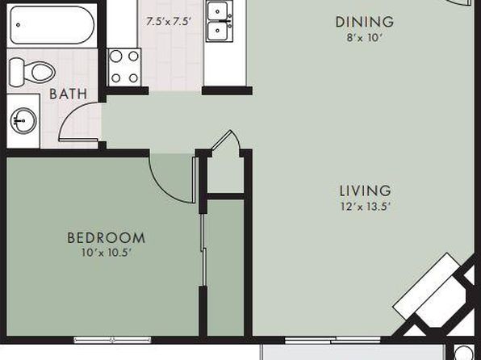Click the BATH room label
pyautogui.click(x=68, y=94)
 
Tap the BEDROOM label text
pyautogui.click(x=107, y=238)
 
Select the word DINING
pyautogui.click(x=365, y=22)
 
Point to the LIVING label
pyautogui.click(x=365, y=190)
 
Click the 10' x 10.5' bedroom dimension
pyautogui.click(x=107, y=253)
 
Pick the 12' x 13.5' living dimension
pyautogui.click(x=365, y=207)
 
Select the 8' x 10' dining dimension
pyautogui.click(x=365, y=37)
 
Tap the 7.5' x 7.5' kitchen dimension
pyautogui.click(x=169, y=22)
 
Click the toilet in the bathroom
pyautogui.click(x=31, y=73)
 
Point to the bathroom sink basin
pyautogui.click(x=23, y=120)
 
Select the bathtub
pyautogui.click(x=52, y=25)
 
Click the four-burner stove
pyautogui.click(x=124, y=67)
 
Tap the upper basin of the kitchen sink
pyautogui.click(x=217, y=11)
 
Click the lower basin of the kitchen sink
pyautogui.click(x=217, y=31)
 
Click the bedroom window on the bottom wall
pyautogui.click(x=112, y=340)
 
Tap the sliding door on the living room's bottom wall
pyautogui.click(x=333, y=340)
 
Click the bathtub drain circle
pyautogui.click(x=19, y=25)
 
